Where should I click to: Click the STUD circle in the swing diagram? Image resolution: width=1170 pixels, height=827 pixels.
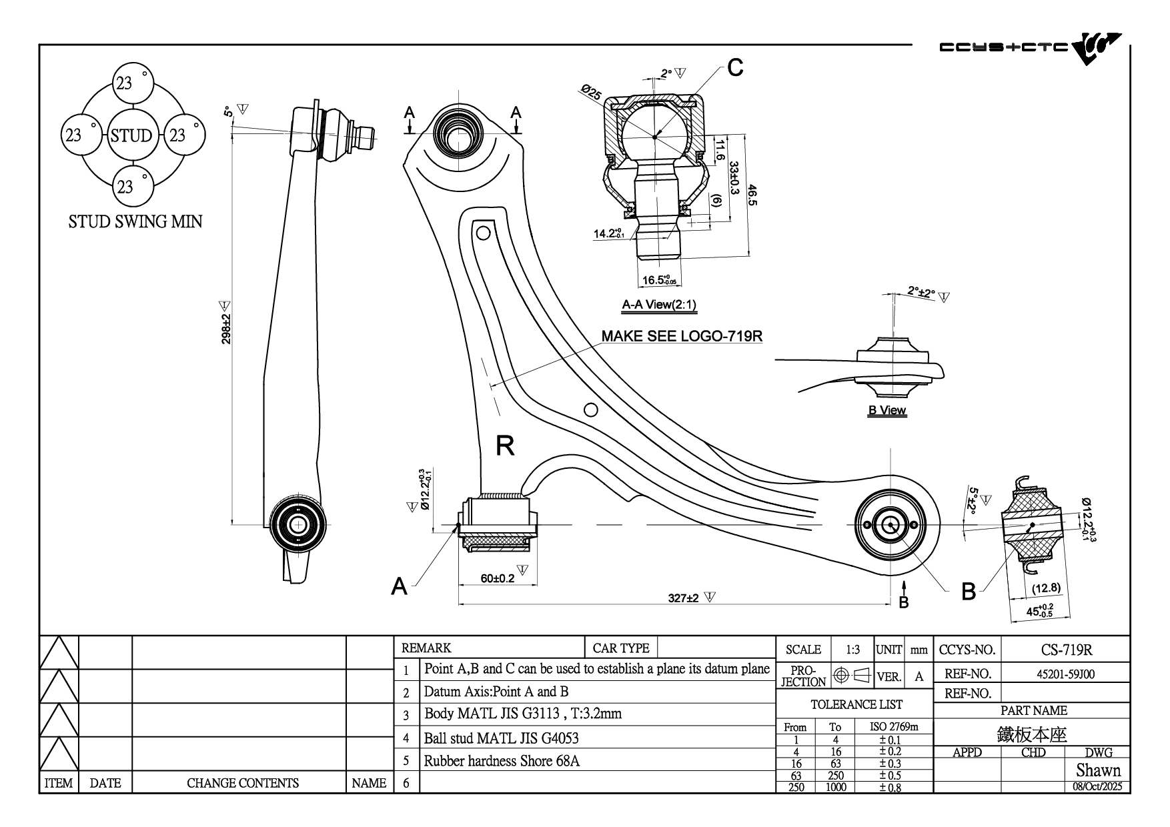pos(131,135)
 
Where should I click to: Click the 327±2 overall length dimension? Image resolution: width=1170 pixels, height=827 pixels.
pos(683,598)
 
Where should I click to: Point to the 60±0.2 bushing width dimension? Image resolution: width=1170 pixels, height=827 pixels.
pos(498,578)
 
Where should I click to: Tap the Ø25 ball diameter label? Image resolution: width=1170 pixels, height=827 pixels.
pos(591,92)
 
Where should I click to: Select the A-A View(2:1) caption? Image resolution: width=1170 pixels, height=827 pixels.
pos(659,305)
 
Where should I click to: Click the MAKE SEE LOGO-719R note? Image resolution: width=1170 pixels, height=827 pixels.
pos(682,335)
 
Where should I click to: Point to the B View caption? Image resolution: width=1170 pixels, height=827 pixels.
pos(887,410)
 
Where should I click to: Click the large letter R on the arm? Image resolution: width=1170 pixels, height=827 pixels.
pos(505,446)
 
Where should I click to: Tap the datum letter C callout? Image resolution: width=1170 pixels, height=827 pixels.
pos(735,67)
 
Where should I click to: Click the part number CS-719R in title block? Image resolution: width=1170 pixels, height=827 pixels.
pos(1066,649)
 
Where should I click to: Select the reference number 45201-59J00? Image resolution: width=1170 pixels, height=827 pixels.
pos(1065,674)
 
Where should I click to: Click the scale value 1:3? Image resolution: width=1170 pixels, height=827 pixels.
pos(852,650)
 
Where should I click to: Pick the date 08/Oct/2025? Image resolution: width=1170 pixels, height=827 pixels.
pos(1097,786)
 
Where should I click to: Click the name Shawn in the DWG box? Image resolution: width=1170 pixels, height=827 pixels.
pos(1098,770)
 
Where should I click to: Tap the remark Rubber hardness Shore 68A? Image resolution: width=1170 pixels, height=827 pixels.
pos(502,760)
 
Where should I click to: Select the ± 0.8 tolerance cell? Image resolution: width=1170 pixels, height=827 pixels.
pos(890,787)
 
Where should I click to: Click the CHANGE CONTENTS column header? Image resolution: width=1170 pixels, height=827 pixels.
pos(242,783)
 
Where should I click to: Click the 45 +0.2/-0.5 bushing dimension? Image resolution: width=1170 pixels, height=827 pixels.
pos(1039,611)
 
